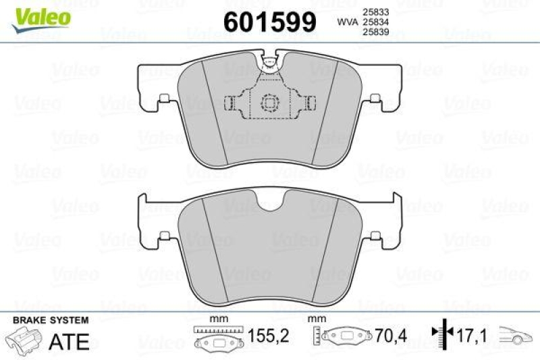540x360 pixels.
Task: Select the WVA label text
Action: [347, 22]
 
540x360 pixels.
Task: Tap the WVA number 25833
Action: [376, 11]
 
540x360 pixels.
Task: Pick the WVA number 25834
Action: [376, 22]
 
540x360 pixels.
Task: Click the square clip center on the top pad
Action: [270, 103]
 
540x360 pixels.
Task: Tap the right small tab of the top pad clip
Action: [311, 103]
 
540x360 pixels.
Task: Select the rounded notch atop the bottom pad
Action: [270, 202]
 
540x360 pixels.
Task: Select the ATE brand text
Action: [69, 342]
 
